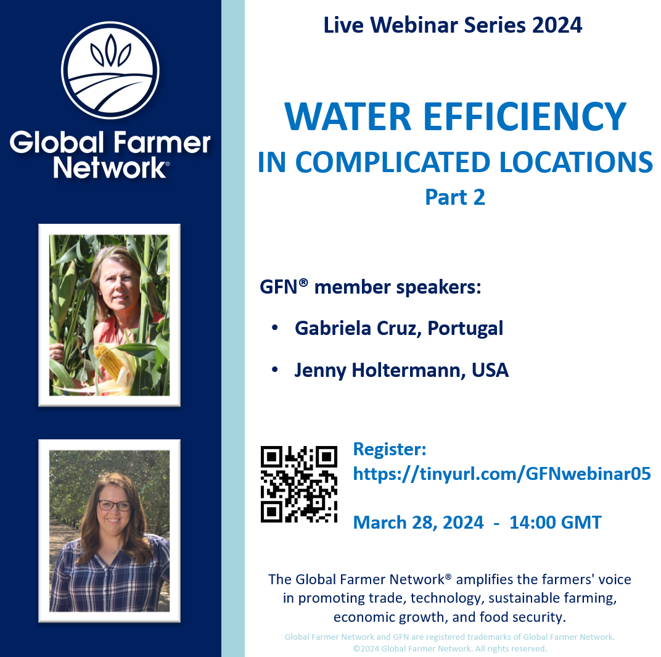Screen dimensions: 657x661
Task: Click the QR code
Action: coord(299,484)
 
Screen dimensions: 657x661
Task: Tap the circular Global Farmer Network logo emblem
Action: coord(110,70)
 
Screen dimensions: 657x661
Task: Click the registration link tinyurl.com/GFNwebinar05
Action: coord(501,474)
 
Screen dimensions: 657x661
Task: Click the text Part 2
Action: coord(455,197)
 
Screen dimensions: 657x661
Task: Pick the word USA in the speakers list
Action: coord(490,370)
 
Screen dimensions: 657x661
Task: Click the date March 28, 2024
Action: coord(418,523)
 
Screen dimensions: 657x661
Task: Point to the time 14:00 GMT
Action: coord(555,523)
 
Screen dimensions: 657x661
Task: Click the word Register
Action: coord(390,448)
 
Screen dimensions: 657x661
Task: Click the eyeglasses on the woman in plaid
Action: coord(114,505)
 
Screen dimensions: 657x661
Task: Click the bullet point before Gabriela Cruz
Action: coord(274,329)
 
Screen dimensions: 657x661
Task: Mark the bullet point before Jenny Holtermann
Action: coord(274,371)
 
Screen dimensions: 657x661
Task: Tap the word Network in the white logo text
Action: coord(109,167)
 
